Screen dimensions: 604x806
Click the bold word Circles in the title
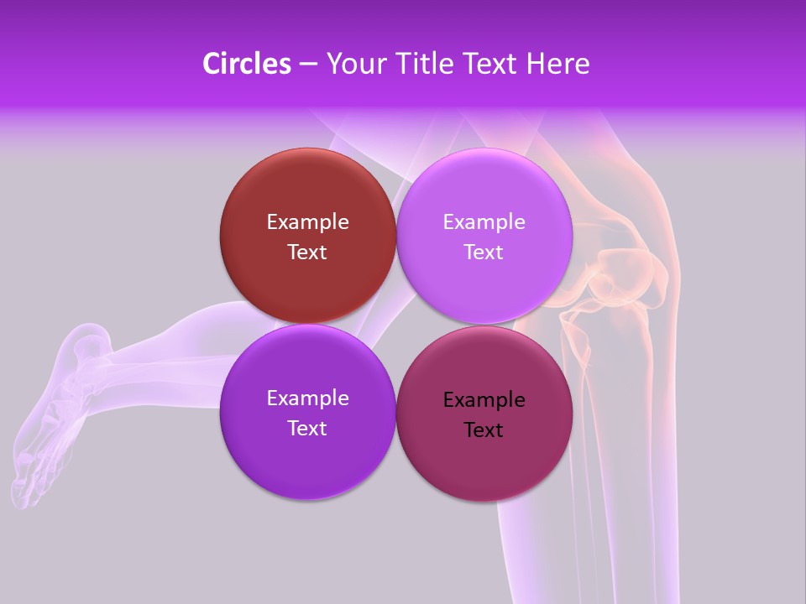(x=246, y=64)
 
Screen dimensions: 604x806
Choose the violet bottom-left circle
(x=307, y=457)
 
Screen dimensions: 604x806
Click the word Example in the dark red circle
(x=307, y=222)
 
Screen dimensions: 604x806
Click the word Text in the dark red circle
(x=307, y=253)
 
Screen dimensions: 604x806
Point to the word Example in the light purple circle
(x=484, y=222)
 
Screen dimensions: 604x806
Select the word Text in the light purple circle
(x=484, y=253)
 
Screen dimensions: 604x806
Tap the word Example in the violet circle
(x=307, y=398)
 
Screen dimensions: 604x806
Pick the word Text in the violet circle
(x=307, y=429)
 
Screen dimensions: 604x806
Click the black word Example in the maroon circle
(x=484, y=400)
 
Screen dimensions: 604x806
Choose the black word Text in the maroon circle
(x=484, y=430)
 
